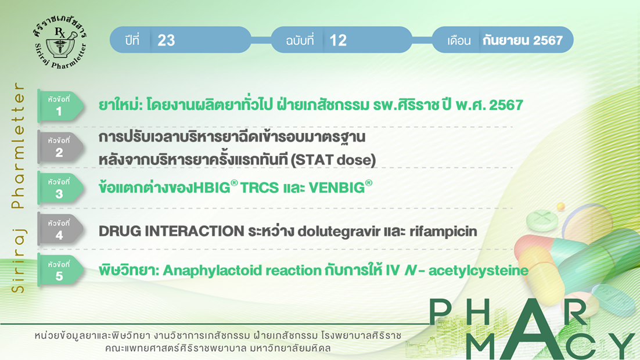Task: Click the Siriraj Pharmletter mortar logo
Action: point(60,41)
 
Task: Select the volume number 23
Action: point(166,41)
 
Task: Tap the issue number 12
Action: point(338,41)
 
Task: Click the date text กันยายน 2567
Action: point(523,40)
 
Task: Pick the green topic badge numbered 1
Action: point(60,106)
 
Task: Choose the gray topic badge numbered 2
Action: point(60,147)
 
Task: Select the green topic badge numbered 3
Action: point(60,188)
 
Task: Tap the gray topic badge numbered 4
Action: point(60,229)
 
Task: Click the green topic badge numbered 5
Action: point(60,271)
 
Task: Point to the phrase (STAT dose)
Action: point(333,160)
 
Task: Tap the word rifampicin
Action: point(443,232)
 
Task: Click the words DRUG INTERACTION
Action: point(171,231)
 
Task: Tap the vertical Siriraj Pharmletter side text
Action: point(19,188)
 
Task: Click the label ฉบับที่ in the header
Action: point(300,41)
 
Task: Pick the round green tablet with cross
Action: point(542,219)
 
